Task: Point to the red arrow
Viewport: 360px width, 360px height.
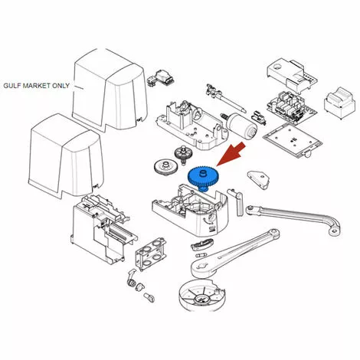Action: (231, 154)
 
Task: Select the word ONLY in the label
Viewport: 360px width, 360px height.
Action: (61, 86)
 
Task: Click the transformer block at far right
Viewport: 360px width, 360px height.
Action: (339, 103)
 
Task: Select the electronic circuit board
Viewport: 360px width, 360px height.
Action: (291, 106)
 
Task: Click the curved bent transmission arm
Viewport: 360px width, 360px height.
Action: (293, 217)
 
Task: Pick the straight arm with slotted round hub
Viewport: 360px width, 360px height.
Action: (235, 254)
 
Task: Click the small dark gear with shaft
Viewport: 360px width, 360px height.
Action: (183, 154)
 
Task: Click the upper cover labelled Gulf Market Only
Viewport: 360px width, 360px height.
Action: (110, 90)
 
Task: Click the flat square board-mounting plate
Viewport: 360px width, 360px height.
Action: (293, 139)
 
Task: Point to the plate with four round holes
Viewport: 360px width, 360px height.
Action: (151, 254)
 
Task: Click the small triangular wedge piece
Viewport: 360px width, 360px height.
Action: (258, 179)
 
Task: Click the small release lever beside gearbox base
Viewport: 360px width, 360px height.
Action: (237, 201)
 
